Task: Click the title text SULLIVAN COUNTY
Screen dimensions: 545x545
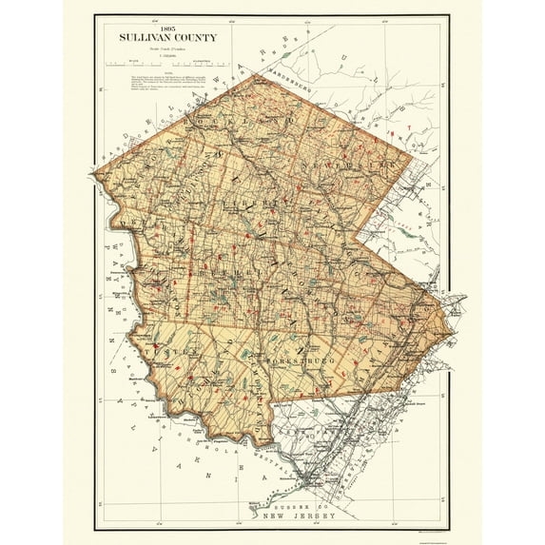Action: pyautogui.click(x=167, y=38)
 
